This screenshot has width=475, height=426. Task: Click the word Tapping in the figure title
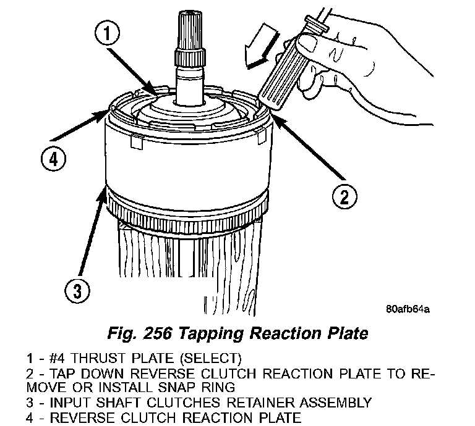(209, 334)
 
